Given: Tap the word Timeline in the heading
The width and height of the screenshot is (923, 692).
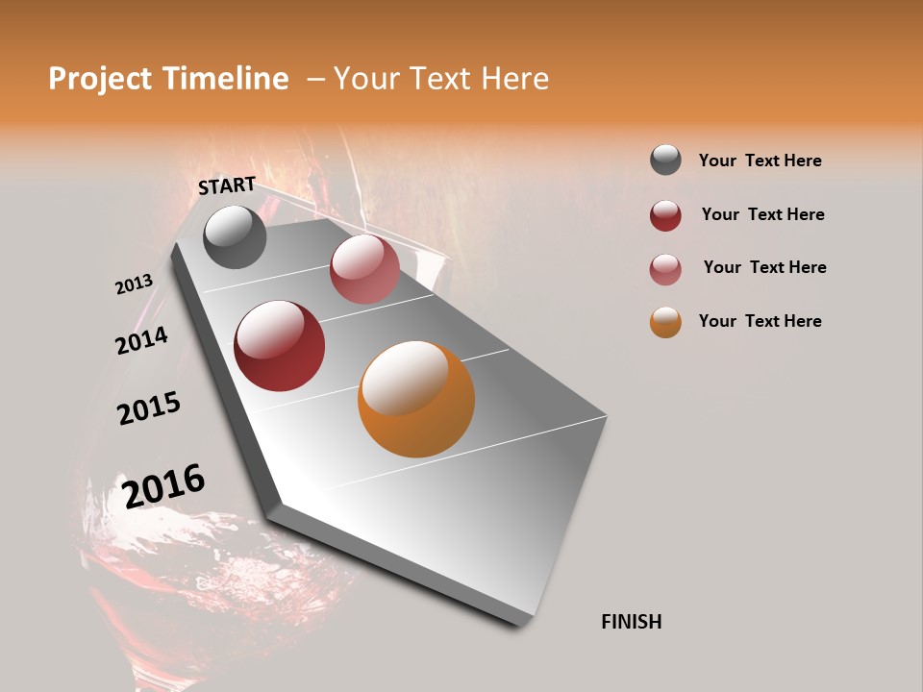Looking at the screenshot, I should [x=226, y=79].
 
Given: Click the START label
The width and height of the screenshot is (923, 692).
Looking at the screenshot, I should [x=227, y=185].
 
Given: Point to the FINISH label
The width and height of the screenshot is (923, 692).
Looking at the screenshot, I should [x=631, y=622].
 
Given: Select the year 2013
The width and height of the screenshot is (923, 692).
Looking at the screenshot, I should [x=134, y=284].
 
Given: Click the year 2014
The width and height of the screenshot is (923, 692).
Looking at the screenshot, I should [x=141, y=340].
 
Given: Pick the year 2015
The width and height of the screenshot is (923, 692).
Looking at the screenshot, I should [x=149, y=408].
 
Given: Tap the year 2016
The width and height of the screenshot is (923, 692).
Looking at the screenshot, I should [x=163, y=485].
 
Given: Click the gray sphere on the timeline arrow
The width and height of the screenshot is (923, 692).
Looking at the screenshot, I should [x=235, y=236].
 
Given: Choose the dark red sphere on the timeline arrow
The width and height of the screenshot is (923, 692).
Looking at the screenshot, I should [x=279, y=346].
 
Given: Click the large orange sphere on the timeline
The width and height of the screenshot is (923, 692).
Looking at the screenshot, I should [x=416, y=399].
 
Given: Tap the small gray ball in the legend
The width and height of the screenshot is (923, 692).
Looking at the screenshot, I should [x=665, y=161].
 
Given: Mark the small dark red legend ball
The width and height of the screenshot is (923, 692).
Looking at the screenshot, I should [x=665, y=215].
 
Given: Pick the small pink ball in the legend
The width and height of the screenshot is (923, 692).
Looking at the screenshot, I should [x=665, y=268].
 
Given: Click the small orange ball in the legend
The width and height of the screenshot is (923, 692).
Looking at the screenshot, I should [x=665, y=322].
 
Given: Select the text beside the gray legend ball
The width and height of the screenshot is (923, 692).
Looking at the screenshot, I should [x=760, y=161].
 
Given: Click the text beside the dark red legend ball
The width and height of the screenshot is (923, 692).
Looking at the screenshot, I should [x=762, y=214].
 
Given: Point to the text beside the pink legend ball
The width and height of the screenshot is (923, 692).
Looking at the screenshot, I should [x=764, y=267].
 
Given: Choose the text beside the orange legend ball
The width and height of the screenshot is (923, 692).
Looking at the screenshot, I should [x=760, y=321].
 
